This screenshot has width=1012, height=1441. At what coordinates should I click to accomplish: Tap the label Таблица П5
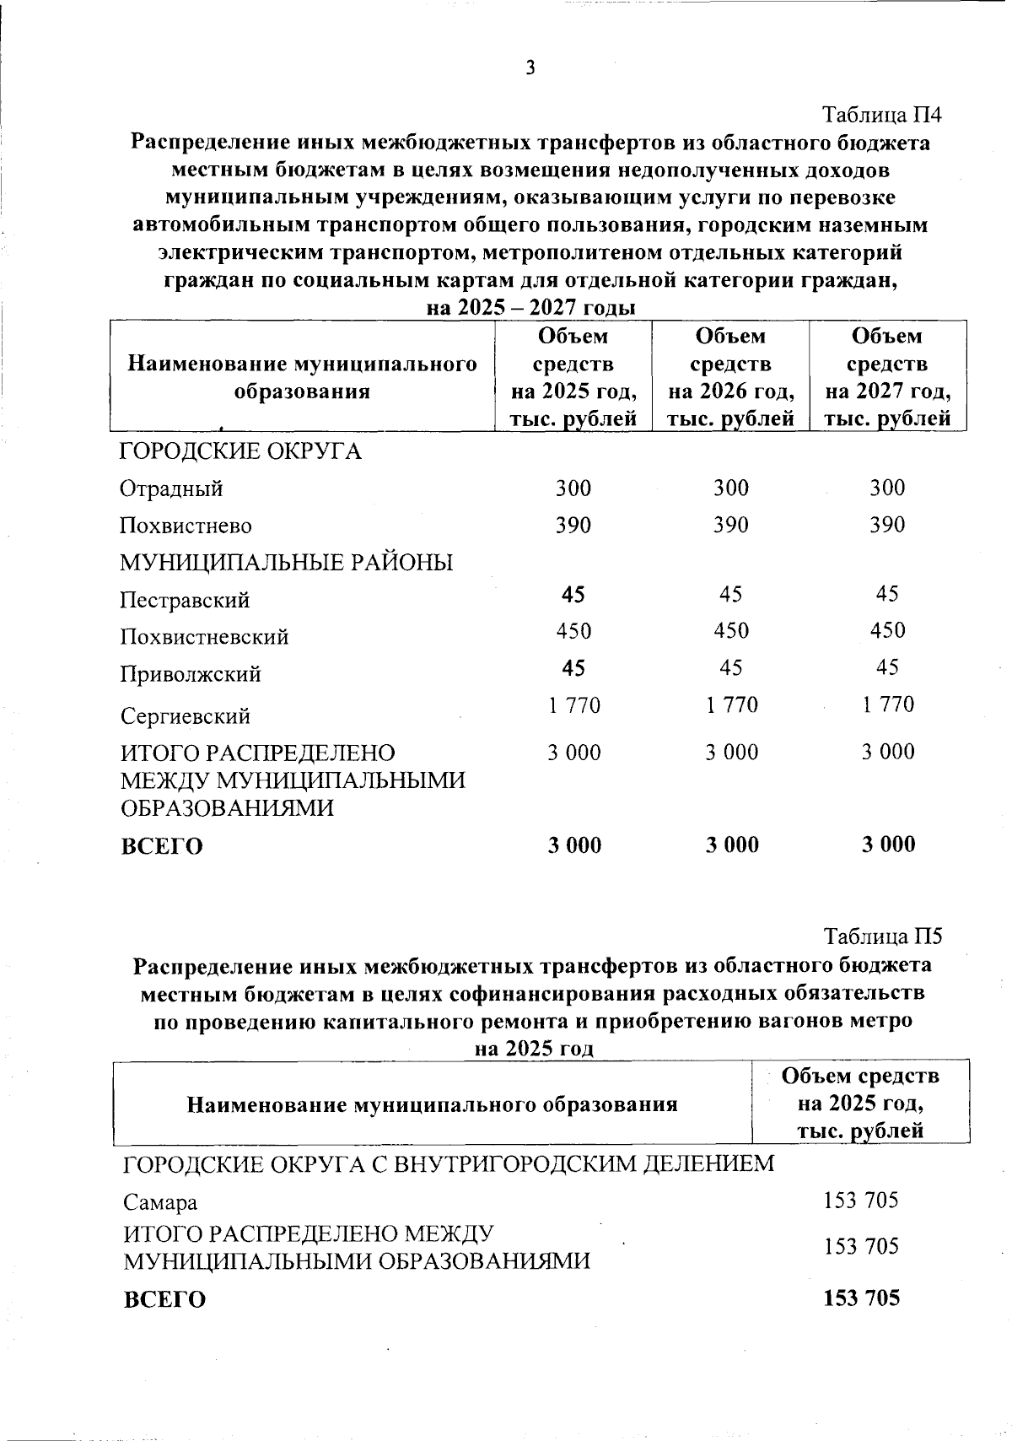(883, 936)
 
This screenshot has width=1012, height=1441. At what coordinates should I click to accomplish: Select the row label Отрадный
(171, 489)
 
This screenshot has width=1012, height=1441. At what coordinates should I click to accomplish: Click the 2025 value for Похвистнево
(573, 525)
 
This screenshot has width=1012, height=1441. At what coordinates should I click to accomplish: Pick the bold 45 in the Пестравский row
(573, 595)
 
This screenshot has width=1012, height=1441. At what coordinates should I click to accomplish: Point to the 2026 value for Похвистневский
(731, 631)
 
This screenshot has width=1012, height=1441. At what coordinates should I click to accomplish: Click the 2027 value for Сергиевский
(888, 704)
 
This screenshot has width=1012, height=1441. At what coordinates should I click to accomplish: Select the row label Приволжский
(191, 675)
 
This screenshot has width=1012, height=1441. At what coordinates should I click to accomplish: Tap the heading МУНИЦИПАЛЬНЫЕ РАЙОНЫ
(287, 562)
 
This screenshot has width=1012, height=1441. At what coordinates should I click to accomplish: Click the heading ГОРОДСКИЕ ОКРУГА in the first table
(241, 452)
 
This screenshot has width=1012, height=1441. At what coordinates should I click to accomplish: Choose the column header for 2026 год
(731, 377)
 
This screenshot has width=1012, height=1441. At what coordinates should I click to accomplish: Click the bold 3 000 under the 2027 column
(888, 845)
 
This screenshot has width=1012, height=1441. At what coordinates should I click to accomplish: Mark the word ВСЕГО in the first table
(162, 846)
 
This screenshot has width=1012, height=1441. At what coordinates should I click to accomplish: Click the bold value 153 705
(861, 1298)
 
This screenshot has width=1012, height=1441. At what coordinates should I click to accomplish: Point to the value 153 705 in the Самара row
(861, 1200)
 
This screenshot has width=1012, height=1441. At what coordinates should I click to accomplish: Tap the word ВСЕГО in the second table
(164, 1299)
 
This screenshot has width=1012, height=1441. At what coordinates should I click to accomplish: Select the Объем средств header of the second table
(860, 1103)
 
